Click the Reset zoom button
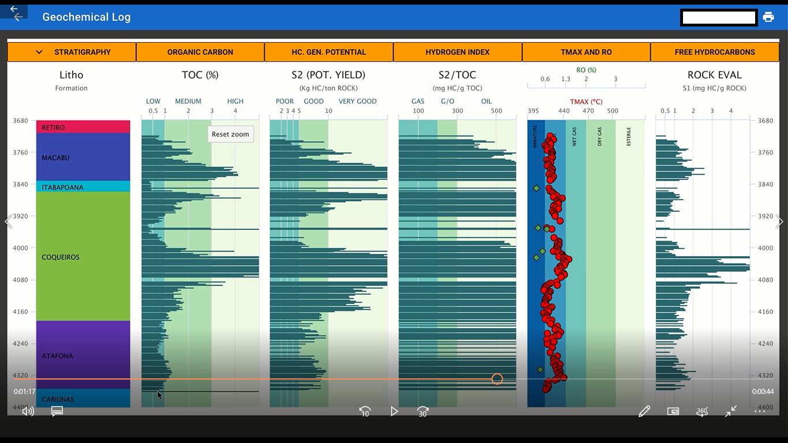[230, 134]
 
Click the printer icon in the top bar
[768, 17]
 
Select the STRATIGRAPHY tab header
[72, 52]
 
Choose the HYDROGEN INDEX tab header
[457, 52]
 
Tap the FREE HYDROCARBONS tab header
[715, 52]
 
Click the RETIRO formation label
[54, 127]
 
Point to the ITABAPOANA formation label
[62, 187]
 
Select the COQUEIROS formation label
[61, 257]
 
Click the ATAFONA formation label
[58, 356]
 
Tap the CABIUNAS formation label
[58, 399]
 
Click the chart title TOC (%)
[200, 75]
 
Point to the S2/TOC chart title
[457, 75]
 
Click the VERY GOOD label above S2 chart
[357, 102]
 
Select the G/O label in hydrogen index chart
[447, 102]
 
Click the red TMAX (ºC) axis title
[586, 102]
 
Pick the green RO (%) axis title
[586, 70]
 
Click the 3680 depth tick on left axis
[21, 121]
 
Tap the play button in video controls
[394, 411]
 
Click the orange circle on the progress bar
[497, 379]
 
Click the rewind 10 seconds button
[365, 412]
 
